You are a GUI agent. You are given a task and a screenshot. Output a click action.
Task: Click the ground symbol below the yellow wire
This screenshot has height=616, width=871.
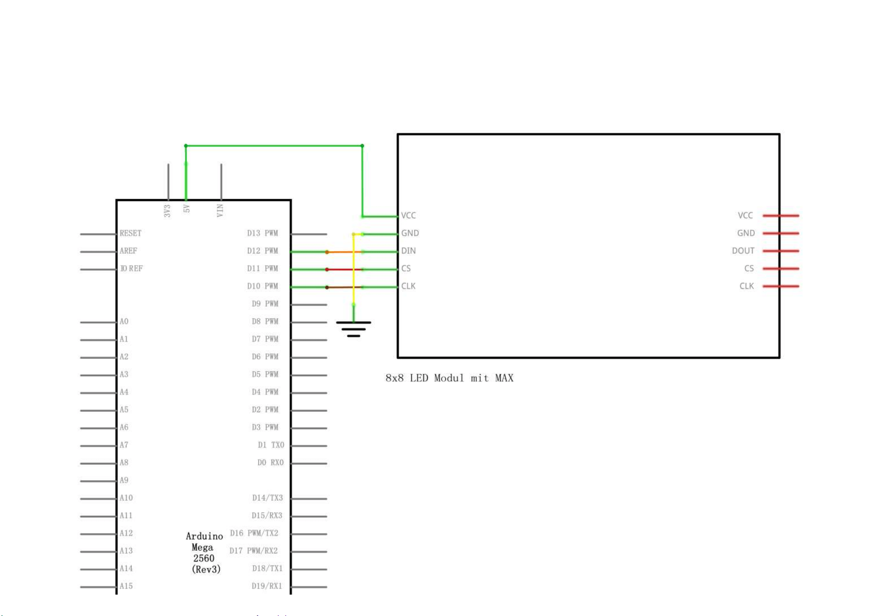coord(354,328)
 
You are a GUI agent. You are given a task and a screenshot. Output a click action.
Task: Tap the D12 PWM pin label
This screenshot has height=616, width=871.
coord(262,251)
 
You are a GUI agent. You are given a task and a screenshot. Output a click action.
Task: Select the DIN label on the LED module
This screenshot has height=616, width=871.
coord(409,251)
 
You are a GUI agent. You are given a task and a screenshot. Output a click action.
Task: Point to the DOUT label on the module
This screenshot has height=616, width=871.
coord(743,251)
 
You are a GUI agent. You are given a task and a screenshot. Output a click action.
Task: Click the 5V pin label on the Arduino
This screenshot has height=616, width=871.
coord(187,208)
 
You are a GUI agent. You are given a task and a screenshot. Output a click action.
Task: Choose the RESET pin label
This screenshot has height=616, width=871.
coord(130,233)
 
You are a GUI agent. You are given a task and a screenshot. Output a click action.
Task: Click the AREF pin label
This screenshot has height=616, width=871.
coord(128,251)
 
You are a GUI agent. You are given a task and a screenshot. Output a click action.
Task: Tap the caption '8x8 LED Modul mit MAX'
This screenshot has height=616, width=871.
coord(449,378)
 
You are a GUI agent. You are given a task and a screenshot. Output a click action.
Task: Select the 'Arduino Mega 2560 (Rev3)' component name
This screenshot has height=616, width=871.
coord(204,553)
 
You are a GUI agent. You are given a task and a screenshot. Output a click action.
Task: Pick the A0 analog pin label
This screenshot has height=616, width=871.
coord(124,321)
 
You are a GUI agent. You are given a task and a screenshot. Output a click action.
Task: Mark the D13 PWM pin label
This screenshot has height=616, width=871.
coord(262,233)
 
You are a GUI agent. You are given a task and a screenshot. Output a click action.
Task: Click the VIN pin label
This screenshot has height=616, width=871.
coord(220,210)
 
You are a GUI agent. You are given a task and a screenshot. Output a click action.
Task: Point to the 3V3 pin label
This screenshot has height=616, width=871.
coord(167,211)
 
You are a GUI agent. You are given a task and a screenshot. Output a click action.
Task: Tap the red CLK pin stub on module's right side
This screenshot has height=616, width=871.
coord(781,286)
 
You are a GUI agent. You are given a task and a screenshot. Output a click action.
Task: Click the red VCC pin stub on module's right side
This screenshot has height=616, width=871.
coord(781,215)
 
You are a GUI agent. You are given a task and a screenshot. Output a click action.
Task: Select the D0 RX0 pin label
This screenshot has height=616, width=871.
coord(270,462)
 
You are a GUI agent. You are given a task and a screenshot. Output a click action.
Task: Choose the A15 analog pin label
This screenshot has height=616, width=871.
coord(126,586)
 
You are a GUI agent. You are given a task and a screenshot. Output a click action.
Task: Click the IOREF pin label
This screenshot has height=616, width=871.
coord(131,268)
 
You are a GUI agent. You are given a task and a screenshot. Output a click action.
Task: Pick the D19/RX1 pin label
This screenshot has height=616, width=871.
coord(267,586)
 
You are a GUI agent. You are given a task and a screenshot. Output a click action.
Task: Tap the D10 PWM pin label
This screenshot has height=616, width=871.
coord(262,286)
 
